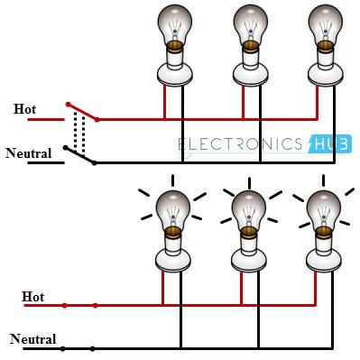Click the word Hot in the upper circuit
tap(25, 109)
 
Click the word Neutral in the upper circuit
tap(29, 153)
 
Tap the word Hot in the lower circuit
tap(33, 296)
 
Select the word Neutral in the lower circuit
tap(33, 339)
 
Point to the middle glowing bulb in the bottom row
tap(249, 212)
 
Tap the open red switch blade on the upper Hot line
tap(82, 111)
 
